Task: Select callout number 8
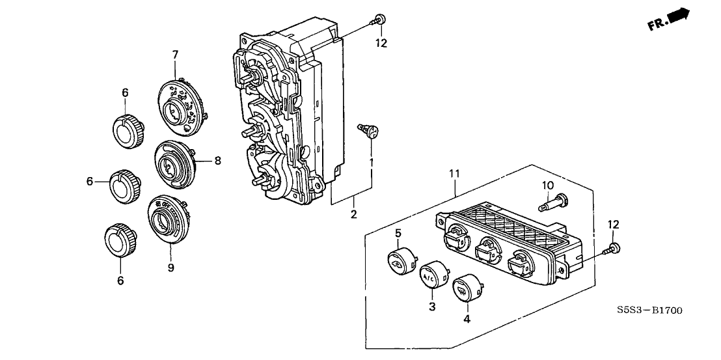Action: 217,159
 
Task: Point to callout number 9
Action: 170,267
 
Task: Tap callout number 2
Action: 354,214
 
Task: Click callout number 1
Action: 372,161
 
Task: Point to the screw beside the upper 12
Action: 381,20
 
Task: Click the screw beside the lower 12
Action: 612,248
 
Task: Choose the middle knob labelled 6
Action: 124,184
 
